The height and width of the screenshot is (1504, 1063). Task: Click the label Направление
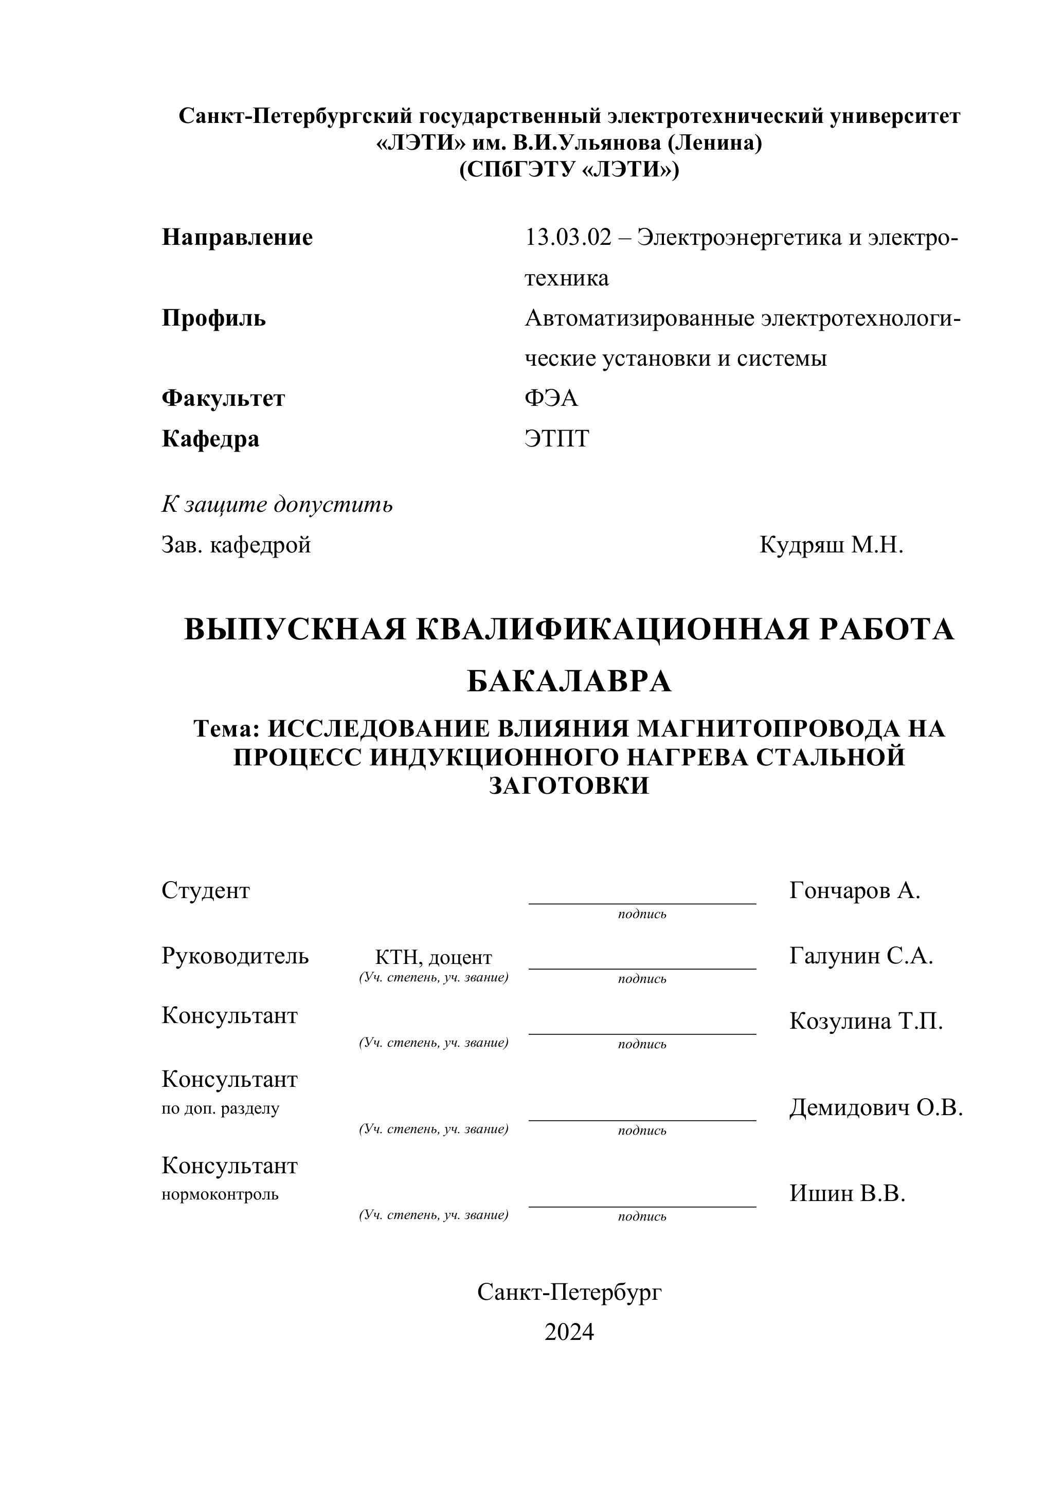pyautogui.click(x=237, y=237)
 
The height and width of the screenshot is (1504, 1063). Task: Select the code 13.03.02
pyautogui.click(x=567, y=237)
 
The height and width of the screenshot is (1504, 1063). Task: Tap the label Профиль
pyautogui.click(x=213, y=318)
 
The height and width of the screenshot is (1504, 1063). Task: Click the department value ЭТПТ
pyautogui.click(x=557, y=438)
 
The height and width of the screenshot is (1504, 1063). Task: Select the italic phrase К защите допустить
pyautogui.click(x=277, y=505)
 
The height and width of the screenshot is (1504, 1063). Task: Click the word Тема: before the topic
pyautogui.click(x=227, y=728)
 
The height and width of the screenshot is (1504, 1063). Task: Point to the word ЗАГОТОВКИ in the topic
pyautogui.click(x=569, y=785)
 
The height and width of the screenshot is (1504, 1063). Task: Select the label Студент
pyautogui.click(x=206, y=891)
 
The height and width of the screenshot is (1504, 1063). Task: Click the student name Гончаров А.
pyautogui.click(x=855, y=891)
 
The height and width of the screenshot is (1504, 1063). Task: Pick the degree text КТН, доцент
pyautogui.click(x=433, y=957)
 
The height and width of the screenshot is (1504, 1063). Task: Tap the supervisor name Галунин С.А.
pyautogui.click(x=860, y=956)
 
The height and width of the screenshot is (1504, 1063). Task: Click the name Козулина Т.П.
pyautogui.click(x=866, y=1020)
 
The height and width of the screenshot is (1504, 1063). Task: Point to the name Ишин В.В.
pyautogui.click(x=847, y=1193)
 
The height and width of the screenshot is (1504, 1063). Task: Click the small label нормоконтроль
pyautogui.click(x=220, y=1194)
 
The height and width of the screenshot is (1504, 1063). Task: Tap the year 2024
pyautogui.click(x=569, y=1332)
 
